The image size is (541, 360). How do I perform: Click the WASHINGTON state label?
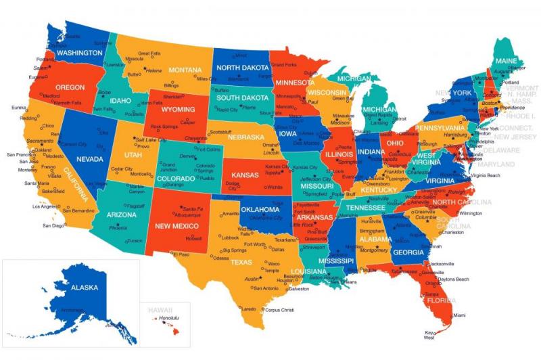click(80, 52)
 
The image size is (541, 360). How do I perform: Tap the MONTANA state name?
click(185, 70)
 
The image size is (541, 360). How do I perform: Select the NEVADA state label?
click(90, 159)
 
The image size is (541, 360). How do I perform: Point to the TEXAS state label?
click(241, 262)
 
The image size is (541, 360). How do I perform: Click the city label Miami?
click(459, 315)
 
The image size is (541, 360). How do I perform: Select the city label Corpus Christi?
click(279, 310)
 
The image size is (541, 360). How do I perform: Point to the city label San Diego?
click(53, 225)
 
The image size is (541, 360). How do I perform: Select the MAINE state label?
click(505, 61)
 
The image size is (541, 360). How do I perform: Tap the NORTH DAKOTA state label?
click(241, 67)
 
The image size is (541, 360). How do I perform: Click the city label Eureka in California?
click(19, 107)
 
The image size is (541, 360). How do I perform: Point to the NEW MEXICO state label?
click(177, 225)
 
